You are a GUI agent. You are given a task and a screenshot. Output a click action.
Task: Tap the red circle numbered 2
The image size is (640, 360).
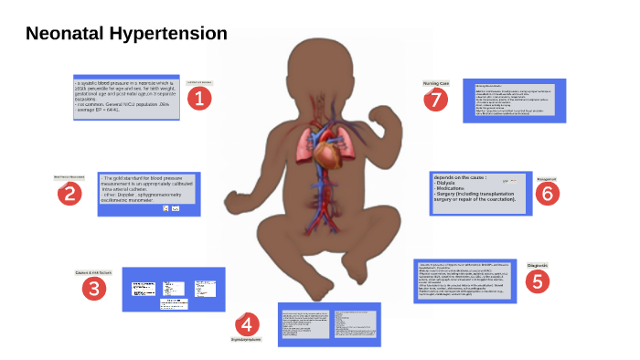click(69, 193)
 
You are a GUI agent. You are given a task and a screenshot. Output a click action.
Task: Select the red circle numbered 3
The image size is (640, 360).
click(94, 289)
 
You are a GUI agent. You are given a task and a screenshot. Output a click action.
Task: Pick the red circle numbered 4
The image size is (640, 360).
click(247, 323)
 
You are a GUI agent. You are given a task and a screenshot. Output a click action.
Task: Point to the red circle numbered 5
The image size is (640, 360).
click(539, 281)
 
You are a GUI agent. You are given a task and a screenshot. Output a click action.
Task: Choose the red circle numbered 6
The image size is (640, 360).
click(546, 193)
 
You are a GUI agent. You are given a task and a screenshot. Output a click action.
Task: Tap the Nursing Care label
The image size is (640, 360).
click(436, 82)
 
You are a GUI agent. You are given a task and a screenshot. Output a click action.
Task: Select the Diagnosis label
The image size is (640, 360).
click(538, 265)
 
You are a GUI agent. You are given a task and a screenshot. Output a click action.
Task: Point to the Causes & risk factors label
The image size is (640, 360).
click(94, 272)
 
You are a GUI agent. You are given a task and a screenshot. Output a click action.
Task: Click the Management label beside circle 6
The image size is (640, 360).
click(545, 179)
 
